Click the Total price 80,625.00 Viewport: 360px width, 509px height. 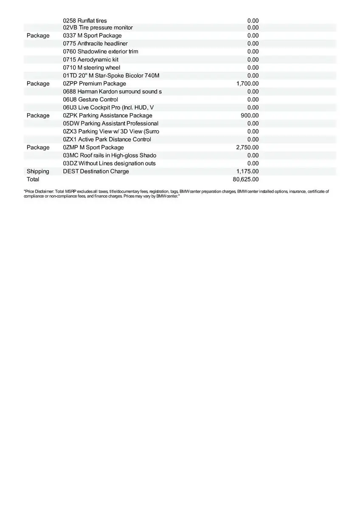pyautogui.click(x=245, y=179)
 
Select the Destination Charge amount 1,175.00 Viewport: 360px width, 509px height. pyautogui.click(x=247, y=171)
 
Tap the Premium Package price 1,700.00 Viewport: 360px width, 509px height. pyautogui.click(x=247, y=84)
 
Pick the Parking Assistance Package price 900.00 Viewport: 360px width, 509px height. pyautogui.click(x=250, y=115)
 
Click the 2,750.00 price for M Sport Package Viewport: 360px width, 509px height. pyautogui.click(x=247, y=147)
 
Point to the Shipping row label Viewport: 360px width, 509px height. pyautogui.click(x=38, y=171)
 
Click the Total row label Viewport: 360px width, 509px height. pyautogui.click(x=33, y=179)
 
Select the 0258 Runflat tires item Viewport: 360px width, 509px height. pyautogui.click(x=85, y=20)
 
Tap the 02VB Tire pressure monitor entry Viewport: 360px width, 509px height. pyautogui.click(x=98, y=28)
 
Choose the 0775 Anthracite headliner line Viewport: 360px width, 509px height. pyautogui.click(x=95, y=43)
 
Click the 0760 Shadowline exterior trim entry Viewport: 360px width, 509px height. pyautogui.click(x=101, y=51)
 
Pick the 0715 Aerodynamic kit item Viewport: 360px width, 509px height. pyautogui.click(x=90, y=59)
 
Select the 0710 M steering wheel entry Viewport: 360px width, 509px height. pyautogui.click(x=91, y=67)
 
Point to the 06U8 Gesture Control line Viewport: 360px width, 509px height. pyautogui.click(x=90, y=99)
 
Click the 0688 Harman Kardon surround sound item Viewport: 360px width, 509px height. pyautogui.click(x=112, y=91)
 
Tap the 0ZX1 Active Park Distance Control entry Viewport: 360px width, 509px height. pyautogui.click(x=107, y=139)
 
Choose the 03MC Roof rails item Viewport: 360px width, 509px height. pyautogui.click(x=110, y=155)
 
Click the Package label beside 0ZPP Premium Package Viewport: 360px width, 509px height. pyautogui.click(x=38, y=84)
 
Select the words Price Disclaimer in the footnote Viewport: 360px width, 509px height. pyautogui.click(x=39, y=192)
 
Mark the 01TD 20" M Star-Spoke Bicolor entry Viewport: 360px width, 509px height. pyautogui.click(x=111, y=76)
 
